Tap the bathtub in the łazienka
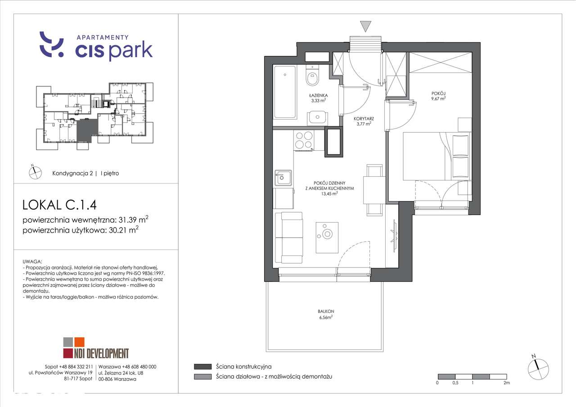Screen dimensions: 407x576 coord(285,92)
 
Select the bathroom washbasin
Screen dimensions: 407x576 coord(317,118)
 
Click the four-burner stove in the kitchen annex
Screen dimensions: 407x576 coord(304,139)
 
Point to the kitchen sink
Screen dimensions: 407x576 coord(283,178)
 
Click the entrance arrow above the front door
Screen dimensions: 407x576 coord(366,26)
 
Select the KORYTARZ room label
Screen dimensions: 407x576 coord(363,119)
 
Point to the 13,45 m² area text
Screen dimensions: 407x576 coord(329,194)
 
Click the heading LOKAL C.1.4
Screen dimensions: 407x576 coord(59,205)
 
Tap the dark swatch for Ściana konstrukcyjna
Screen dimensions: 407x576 coord(202,367)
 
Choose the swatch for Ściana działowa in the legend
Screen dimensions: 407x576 coord(202,376)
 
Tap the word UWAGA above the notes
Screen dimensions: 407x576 coord(32,261)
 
